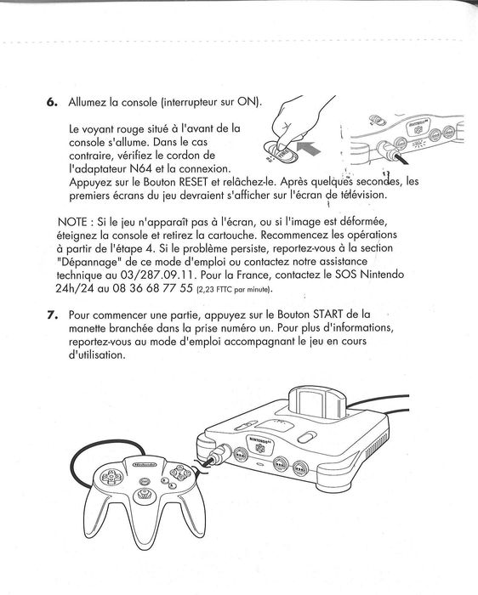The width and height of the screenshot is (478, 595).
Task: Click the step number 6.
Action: click(52, 102)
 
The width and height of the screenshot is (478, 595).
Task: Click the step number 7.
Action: click(52, 315)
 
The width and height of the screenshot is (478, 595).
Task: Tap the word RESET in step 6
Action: click(193, 182)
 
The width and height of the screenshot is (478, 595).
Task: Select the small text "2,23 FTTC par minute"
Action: click(234, 290)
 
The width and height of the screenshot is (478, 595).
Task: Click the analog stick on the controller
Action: click(145, 494)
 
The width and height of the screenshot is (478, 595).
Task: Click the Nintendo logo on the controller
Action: click(145, 464)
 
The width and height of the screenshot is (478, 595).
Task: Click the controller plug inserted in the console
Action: click(219, 454)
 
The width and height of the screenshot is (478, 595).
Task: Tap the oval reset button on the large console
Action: click(307, 437)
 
